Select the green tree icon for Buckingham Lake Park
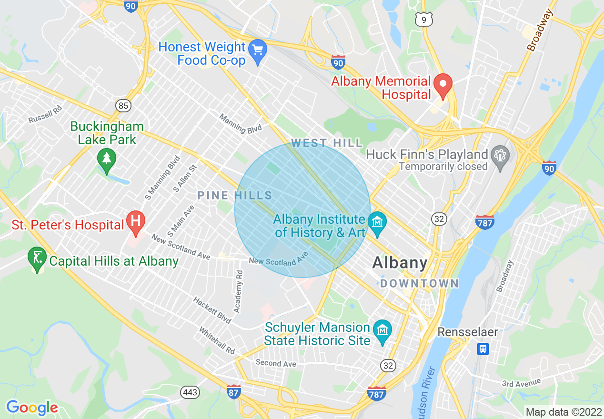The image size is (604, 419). [x=106, y=159]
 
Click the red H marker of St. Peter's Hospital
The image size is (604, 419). [x=136, y=221]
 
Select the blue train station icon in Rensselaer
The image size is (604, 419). [x=483, y=349]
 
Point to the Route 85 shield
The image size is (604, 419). [x=123, y=105]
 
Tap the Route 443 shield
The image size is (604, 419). [x=190, y=392]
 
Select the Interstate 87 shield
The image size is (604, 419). [x=233, y=391]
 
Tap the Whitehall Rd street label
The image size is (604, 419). [x=217, y=340]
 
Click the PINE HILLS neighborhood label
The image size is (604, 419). [x=235, y=195]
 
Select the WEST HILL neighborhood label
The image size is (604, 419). [x=327, y=143]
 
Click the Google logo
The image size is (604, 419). [x=32, y=408]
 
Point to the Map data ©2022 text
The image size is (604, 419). [x=563, y=411]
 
